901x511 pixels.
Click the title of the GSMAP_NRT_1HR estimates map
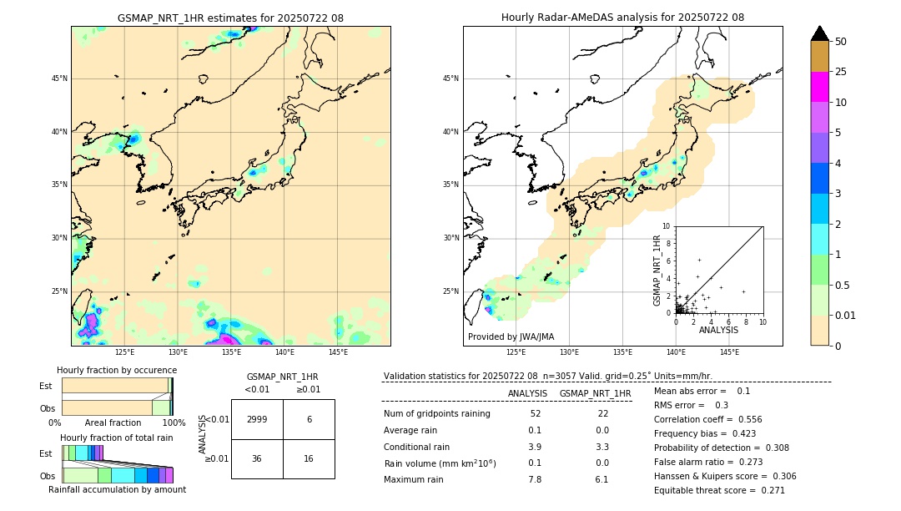[230, 18]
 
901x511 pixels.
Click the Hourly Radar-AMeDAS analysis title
[622, 18]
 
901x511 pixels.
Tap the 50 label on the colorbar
[841, 42]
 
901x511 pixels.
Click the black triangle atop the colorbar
[820, 33]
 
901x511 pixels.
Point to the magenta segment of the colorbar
[820, 87]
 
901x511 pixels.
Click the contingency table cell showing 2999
[257, 419]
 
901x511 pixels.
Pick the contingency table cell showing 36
[257, 458]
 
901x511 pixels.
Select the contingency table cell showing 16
[309, 458]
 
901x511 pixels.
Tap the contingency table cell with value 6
[309, 419]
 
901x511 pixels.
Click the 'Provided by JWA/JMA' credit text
[511, 336]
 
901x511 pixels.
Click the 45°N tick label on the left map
[59, 78]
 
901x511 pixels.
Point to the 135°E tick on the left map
[231, 352]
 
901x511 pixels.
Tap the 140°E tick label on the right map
[676, 352]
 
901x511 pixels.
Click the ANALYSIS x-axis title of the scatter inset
[718, 330]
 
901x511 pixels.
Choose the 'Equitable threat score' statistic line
[719, 490]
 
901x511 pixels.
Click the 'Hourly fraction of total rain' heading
[116, 438]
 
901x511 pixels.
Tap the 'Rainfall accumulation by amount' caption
[118, 490]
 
